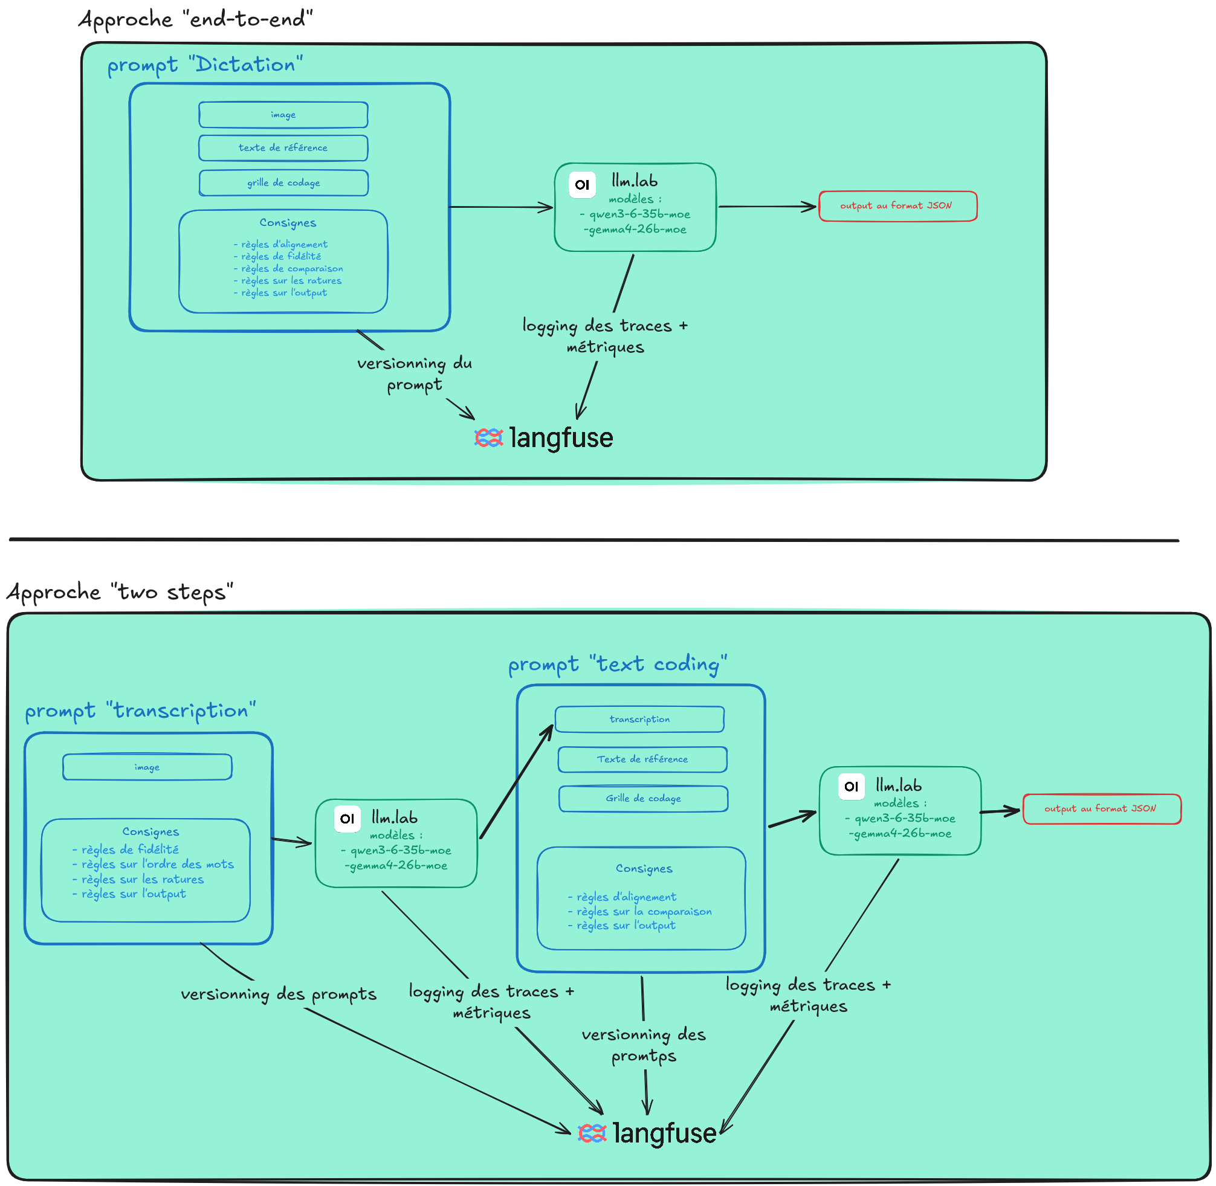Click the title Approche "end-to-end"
click(x=195, y=19)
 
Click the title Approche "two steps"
click(x=120, y=591)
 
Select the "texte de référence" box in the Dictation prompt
click(x=283, y=148)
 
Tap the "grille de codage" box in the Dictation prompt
click(x=283, y=183)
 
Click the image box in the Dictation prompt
click(x=283, y=115)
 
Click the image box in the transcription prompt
click(x=147, y=767)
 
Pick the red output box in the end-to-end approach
click(x=897, y=206)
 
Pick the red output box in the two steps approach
click(x=1102, y=809)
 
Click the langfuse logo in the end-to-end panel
click(x=543, y=438)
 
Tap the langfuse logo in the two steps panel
click(x=647, y=1133)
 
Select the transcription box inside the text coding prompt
click(x=640, y=720)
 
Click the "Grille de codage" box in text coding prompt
click(x=644, y=799)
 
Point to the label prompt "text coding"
click(x=618, y=665)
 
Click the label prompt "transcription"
click(x=140, y=711)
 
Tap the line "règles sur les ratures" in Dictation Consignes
click(x=288, y=281)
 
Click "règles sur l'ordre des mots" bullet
click(x=154, y=865)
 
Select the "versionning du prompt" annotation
click(x=415, y=374)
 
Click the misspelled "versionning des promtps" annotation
click(x=644, y=1045)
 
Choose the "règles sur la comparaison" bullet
click(x=640, y=912)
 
